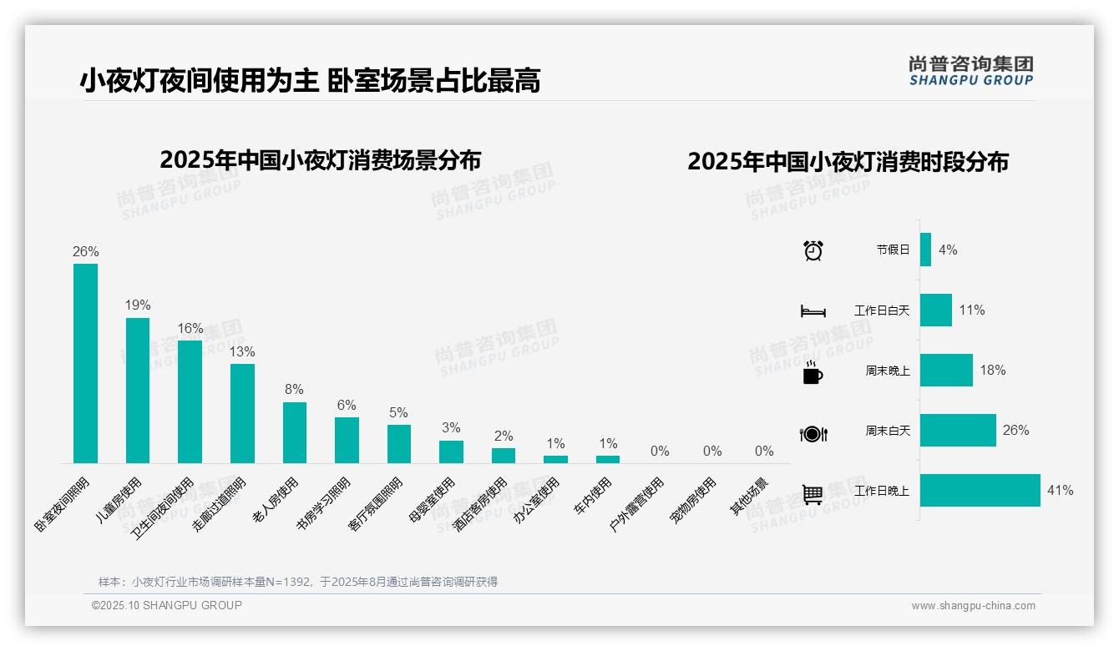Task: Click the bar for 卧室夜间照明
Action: [85, 363]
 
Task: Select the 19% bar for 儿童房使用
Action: [138, 390]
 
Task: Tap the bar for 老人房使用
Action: [295, 432]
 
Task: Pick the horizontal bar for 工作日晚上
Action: [980, 491]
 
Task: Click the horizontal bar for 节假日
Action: [925, 250]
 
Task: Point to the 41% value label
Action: [1060, 491]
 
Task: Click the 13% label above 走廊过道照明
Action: [242, 352]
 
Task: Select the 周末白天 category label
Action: [888, 431]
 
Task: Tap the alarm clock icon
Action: [813, 250]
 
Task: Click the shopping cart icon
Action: [813, 494]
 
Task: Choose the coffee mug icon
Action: [813, 373]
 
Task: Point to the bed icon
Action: [813, 311]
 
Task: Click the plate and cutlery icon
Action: [813, 434]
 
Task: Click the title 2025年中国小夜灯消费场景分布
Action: [321, 159]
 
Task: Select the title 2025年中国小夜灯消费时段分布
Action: [848, 161]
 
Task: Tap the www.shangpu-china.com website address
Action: [973, 606]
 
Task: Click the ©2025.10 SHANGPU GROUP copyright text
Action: [167, 605]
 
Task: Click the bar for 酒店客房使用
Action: [504, 455]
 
